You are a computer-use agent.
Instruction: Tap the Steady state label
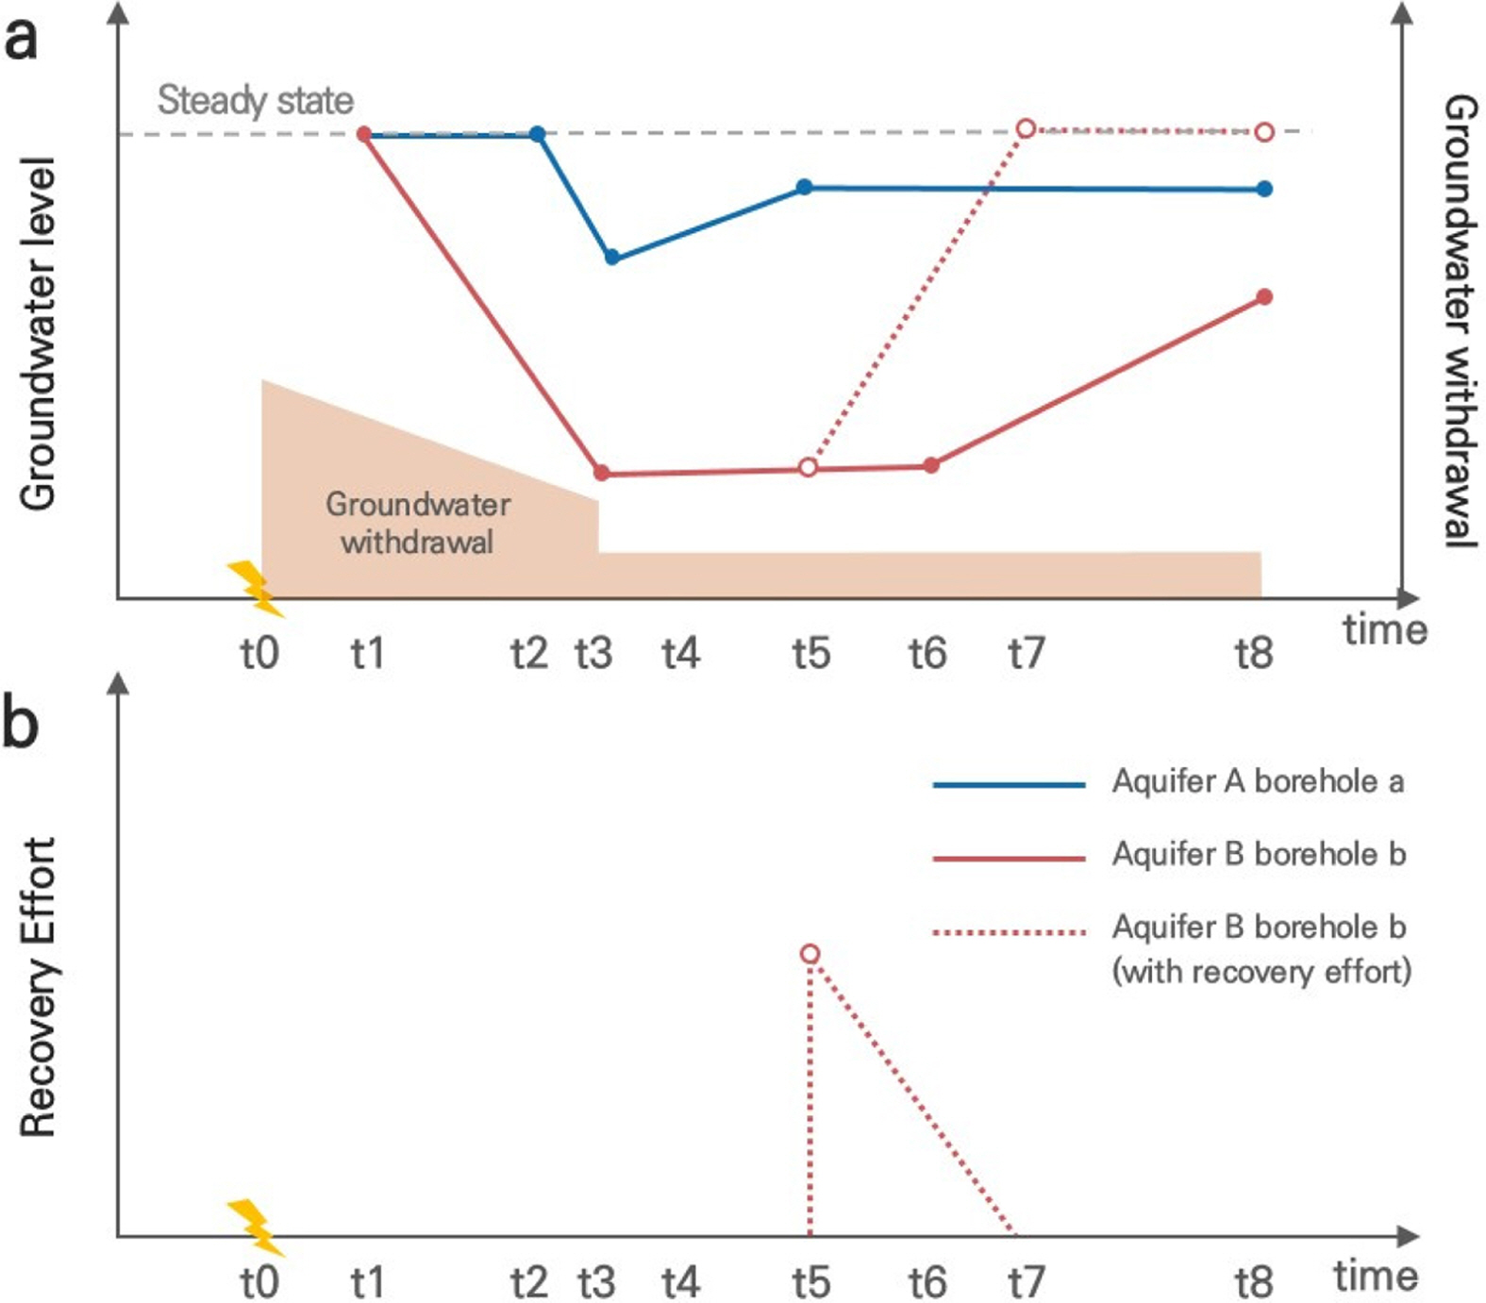tap(255, 100)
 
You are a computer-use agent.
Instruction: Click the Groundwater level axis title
tap(39, 334)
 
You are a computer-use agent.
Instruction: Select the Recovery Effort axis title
tap(39, 987)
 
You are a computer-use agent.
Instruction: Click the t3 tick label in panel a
tap(594, 653)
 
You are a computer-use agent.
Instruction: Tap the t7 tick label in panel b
tap(1026, 1282)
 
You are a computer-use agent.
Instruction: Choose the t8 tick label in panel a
tap(1254, 653)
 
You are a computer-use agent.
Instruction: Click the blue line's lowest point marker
tap(612, 257)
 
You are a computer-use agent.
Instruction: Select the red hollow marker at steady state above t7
tap(1027, 128)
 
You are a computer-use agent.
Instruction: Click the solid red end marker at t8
tap(1265, 297)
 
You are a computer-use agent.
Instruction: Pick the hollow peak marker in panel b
tap(810, 954)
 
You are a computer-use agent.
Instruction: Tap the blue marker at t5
tap(804, 187)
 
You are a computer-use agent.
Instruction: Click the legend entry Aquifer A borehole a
tap(1258, 781)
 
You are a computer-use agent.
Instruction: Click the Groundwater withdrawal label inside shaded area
tap(417, 523)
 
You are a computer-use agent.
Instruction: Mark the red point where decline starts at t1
tap(364, 135)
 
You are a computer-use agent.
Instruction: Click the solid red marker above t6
tap(931, 465)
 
